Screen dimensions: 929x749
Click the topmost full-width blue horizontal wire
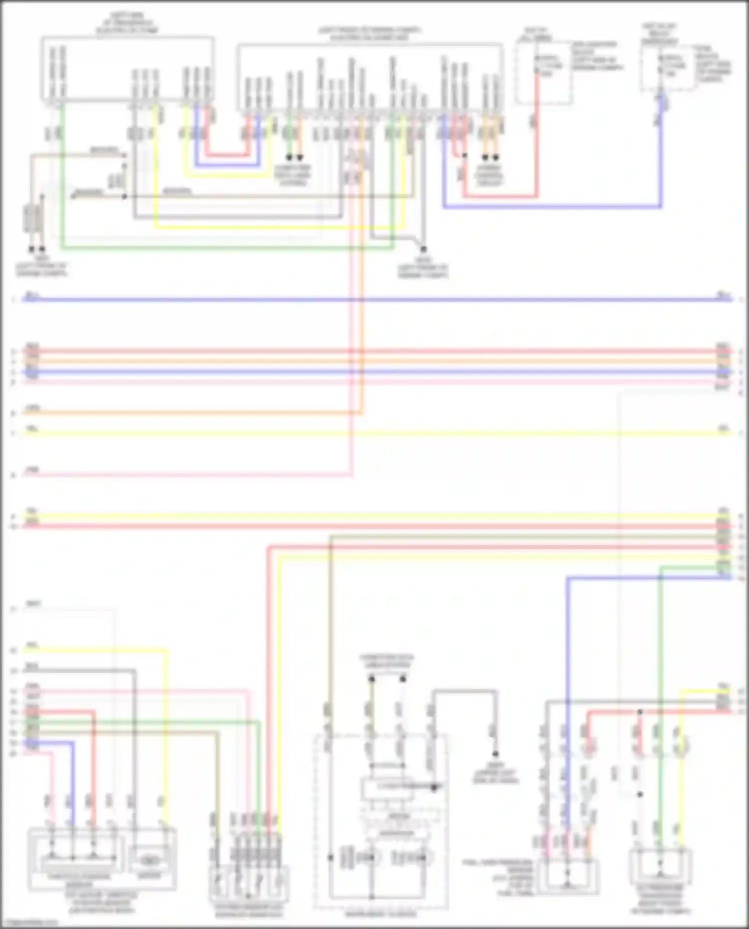point(374,300)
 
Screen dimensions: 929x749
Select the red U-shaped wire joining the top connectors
point(227,155)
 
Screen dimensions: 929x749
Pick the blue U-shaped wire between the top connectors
point(227,165)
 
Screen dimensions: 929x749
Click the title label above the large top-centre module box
point(370,34)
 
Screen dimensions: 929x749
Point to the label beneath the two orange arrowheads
point(489,176)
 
